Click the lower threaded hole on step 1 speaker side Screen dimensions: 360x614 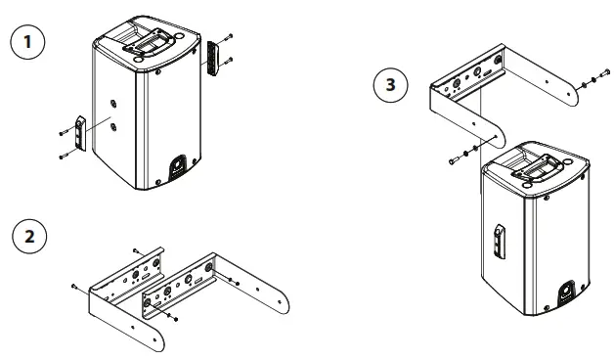pos(115,125)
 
